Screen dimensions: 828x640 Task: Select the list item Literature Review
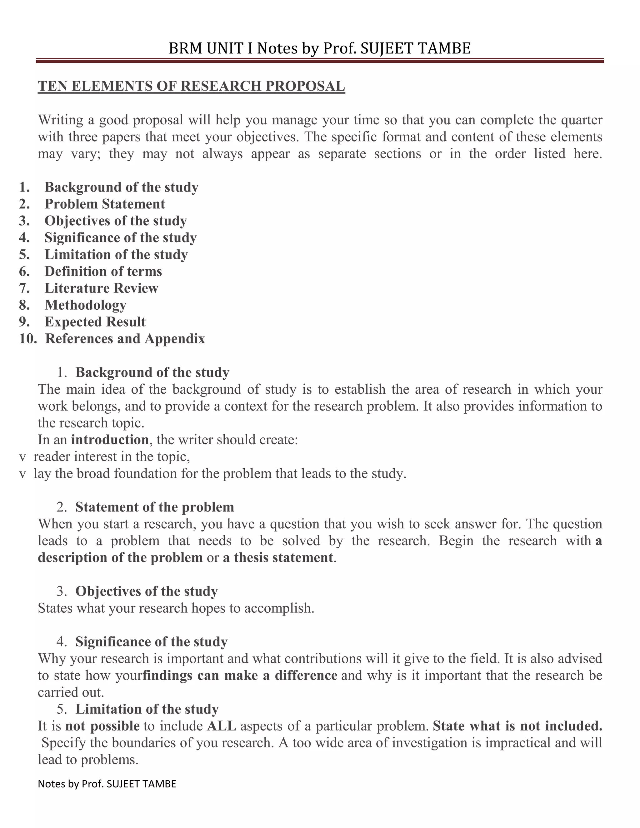[x=101, y=288]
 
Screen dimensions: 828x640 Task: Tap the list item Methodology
[x=85, y=305]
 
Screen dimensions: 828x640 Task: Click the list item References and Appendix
[x=125, y=339]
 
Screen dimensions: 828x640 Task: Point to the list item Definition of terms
[x=103, y=272]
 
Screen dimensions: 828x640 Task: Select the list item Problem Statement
[x=105, y=204]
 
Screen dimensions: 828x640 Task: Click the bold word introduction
[x=110, y=440]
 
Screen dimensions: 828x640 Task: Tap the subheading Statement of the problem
[x=154, y=507]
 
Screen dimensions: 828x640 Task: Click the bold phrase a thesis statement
[x=277, y=558]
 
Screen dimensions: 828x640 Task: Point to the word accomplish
[x=279, y=608]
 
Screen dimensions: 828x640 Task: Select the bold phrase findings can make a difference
[x=240, y=676]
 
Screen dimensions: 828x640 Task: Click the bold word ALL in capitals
[x=222, y=726]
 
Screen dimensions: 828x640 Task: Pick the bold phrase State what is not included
[x=517, y=726]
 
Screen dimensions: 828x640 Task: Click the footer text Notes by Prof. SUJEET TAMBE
[x=107, y=784]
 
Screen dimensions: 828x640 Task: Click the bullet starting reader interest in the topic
[x=112, y=456]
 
